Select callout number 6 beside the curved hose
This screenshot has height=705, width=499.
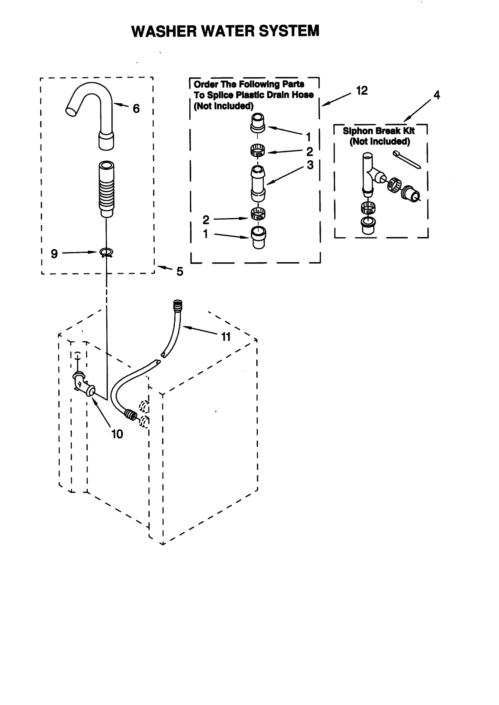136,109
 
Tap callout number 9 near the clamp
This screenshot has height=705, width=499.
54,254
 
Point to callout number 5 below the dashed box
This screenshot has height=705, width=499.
180,272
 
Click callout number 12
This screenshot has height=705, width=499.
362,91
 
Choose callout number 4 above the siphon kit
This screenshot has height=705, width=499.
437,95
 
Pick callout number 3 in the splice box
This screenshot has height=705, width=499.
310,165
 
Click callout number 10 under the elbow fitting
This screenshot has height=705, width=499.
117,434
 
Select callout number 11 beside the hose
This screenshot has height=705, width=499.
225,337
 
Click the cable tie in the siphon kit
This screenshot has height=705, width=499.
407,160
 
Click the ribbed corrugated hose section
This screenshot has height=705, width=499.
106,190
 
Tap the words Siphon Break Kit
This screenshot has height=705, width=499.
379,131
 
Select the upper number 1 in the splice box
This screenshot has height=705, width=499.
308,137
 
